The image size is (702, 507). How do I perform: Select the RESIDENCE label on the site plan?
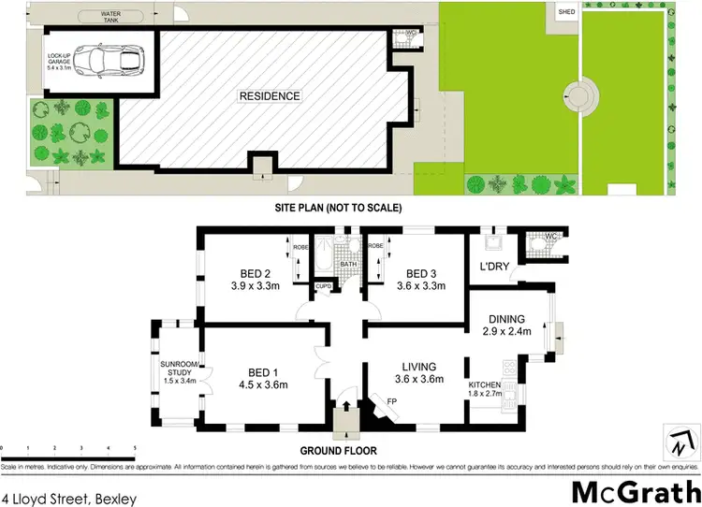click(x=270, y=95)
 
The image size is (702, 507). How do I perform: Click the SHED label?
click(x=567, y=12)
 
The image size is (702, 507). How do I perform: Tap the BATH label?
click(x=348, y=265)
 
